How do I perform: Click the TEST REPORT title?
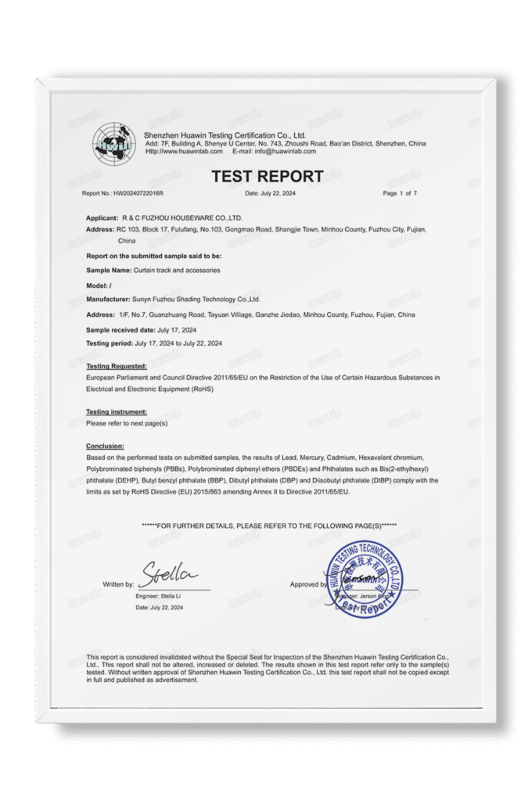[267, 177]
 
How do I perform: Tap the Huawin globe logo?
[114, 143]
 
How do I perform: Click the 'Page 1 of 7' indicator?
[400, 193]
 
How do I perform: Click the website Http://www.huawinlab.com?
[181, 152]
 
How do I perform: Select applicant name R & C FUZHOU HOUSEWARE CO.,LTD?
[182, 217]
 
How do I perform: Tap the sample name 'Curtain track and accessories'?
[177, 270]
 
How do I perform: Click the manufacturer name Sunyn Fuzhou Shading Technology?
[196, 300]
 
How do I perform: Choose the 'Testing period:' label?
[110, 343]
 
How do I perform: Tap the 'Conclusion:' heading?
[105, 446]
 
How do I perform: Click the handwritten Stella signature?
[167, 575]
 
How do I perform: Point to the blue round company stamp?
[365, 580]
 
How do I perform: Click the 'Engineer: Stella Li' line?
[159, 597]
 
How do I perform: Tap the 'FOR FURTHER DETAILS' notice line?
[269, 525]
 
